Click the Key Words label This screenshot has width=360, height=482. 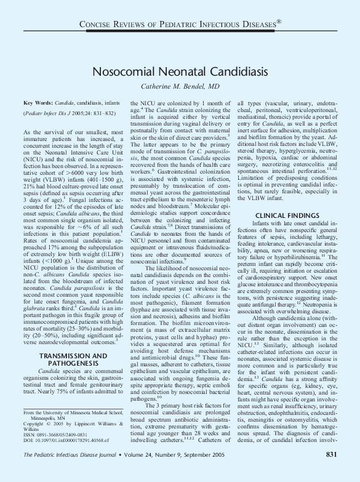(x=37, y=103)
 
